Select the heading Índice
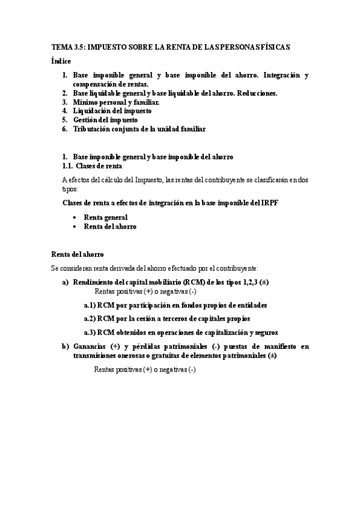coord(61,61)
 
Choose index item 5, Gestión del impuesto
coord(100,120)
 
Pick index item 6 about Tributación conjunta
coord(139,129)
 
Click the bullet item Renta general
coord(105,218)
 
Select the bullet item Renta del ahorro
coord(109,227)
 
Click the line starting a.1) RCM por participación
coord(175,306)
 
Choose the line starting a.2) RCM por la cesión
coord(166,319)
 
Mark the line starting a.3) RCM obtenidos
coord(180,333)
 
